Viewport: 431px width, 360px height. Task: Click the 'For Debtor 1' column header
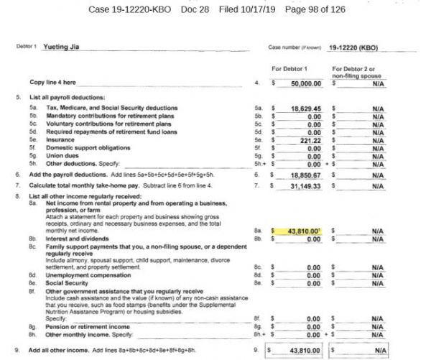[x=292, y=68]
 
